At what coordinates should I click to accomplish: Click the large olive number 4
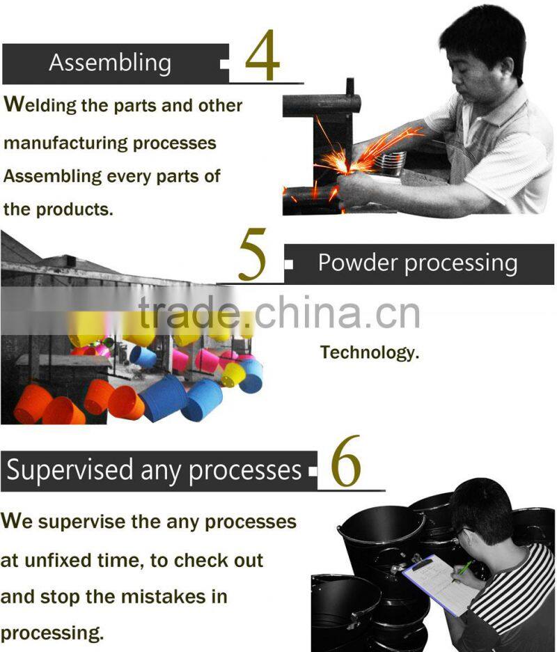(x=262, y=55)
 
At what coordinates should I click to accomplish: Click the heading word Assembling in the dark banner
(x=110, y=63)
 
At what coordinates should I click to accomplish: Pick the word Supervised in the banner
(x=70, y=470)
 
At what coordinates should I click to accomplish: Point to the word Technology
(x=370, y=352)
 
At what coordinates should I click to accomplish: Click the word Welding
(x=40, y=104)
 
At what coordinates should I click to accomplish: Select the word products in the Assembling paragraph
(x=74, y=209)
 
